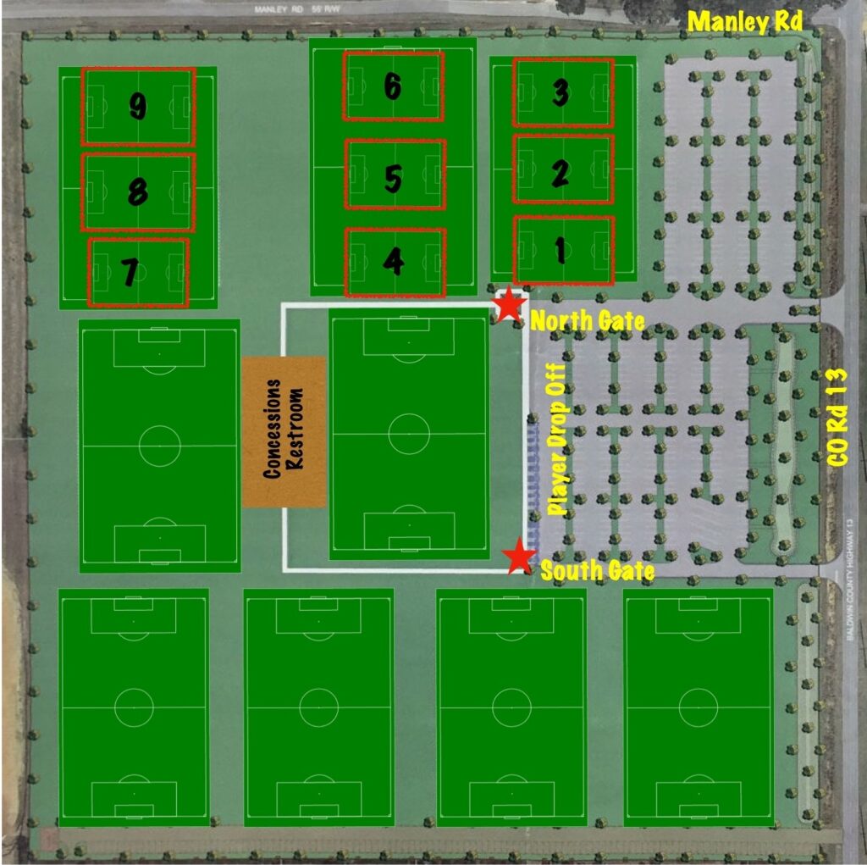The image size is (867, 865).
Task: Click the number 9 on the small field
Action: pyautogui.click(x=138, y=106)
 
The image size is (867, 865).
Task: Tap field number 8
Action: pyautogui.click(x=137, y=192)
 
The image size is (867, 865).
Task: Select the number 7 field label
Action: pyautogui.click(x=130, y=273)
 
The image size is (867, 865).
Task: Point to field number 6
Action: pyautogui.click(x=392, y=86)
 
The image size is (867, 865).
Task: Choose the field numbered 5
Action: pyautogui.click(x=393, y=178)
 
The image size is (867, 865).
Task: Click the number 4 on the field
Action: pyautogui.click(x=393, y=262)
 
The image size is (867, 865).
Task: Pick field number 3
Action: pyautogui.click(x=560, y=93)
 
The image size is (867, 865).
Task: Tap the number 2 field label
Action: pyautogui.click(x=560, y=173)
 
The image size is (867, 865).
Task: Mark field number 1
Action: pyautogui.click(x=560, y=249)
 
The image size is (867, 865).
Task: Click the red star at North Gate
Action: pyautogui.click(x=509, y=305)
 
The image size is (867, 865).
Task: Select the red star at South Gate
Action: pyautogui.click(x=518, y=557)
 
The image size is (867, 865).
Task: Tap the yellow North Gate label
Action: pyautogui.click(x=587, y=321)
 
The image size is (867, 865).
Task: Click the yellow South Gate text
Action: pyautogui.click(x=597, y=571)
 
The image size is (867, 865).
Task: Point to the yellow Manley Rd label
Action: pyautogui.click(x=745, y=22)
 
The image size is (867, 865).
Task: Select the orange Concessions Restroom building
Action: pyautogui.click(x=284, y=431)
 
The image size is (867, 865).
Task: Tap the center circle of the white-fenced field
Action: pyautogui.click(x=409, y=433)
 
